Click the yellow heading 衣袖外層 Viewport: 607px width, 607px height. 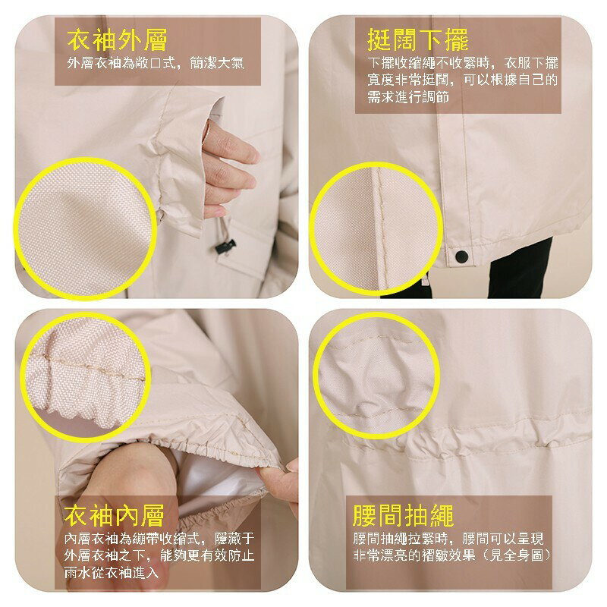point(117,40)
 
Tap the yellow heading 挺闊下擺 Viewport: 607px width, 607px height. point(418,40)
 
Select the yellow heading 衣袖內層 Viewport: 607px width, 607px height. point(115,515)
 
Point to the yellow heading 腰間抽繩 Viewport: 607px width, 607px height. point(403,515)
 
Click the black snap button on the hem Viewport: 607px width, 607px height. point(461,256)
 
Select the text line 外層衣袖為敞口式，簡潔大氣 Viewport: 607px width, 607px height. point(156,63)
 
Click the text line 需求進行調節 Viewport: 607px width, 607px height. point(408,97)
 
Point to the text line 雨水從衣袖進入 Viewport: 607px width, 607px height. point(112,572)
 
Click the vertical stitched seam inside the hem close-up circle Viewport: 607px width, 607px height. point(382,228)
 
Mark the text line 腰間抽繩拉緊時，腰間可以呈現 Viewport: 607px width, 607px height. point(448,539)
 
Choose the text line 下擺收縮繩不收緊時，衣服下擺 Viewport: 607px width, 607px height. point(463,63)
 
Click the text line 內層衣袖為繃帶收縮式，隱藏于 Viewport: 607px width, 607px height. point(159,539)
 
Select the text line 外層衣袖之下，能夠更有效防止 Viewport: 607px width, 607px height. point(159,555)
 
